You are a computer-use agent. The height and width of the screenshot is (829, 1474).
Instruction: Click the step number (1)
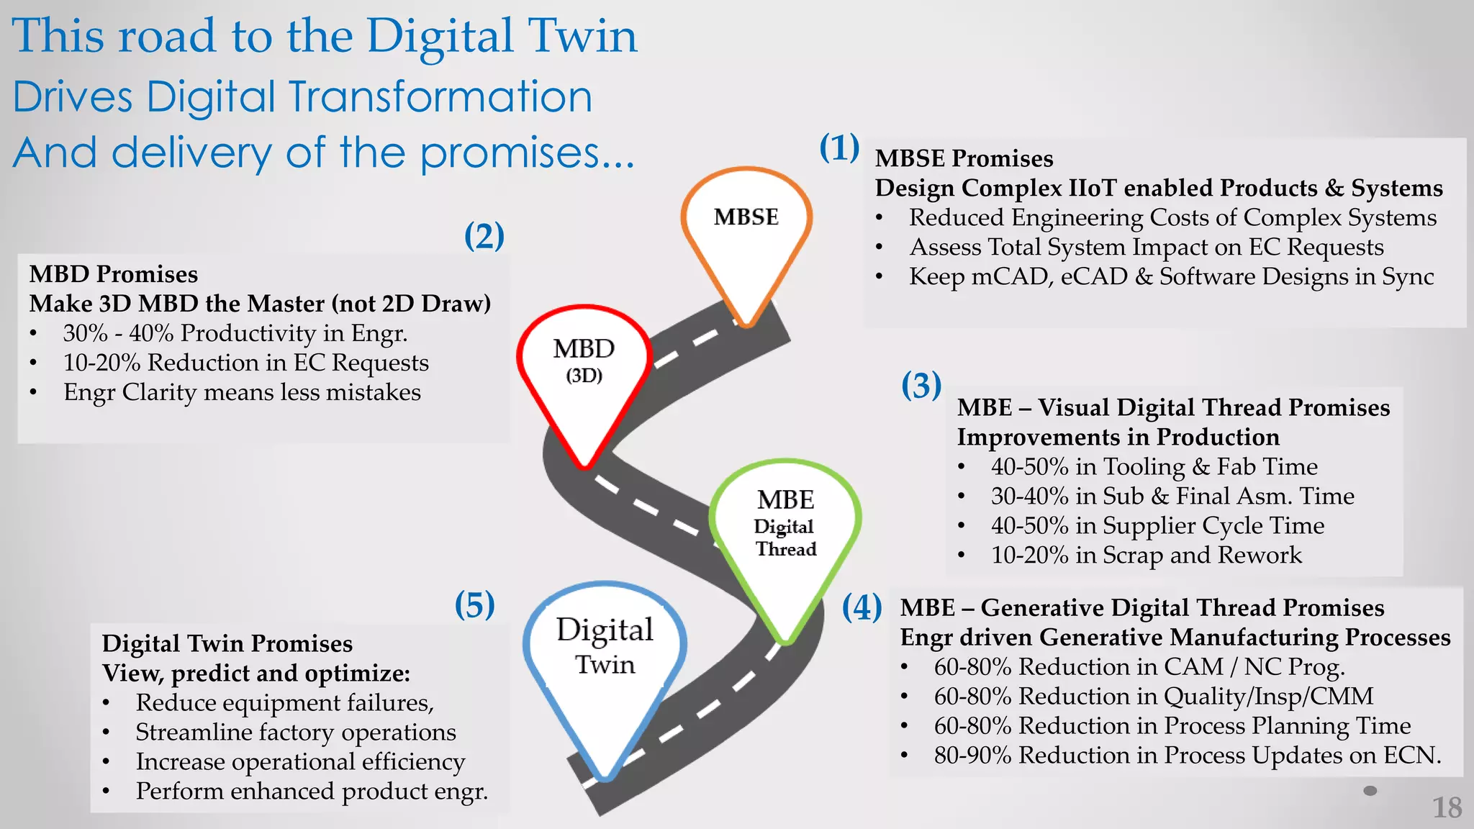coord(839,148)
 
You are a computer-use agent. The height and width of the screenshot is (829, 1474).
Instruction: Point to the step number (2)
coord(484,236)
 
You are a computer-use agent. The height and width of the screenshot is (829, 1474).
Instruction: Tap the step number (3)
coord(921,386)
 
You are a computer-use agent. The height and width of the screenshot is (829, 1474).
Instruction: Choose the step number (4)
coord(862,607)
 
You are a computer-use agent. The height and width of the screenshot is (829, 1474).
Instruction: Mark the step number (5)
coord(474,604)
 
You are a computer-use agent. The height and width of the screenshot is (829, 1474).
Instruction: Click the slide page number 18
coord(1447,807)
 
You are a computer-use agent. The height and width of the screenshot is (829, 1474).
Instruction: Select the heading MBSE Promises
coord(964,158)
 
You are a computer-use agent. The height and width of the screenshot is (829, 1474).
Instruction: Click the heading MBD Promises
coord(114,274)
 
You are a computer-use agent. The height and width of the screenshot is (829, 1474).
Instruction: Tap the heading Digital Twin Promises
coord(227,643)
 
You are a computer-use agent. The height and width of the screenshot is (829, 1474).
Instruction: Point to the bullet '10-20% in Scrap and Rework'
coord(1146,555)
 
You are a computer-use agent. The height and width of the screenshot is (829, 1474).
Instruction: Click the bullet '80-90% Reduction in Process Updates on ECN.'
coord(1187,756)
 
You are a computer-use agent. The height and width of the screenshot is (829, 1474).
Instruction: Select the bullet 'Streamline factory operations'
coord(296,732)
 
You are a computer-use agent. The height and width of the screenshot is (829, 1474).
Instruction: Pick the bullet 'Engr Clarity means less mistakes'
coord(242,392)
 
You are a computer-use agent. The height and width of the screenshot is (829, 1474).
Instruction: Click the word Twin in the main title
coord(582,36)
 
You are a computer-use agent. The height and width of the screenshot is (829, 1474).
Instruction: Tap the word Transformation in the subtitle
coord(440,96)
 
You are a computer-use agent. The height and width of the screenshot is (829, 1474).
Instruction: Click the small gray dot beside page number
coord(1370,791)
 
